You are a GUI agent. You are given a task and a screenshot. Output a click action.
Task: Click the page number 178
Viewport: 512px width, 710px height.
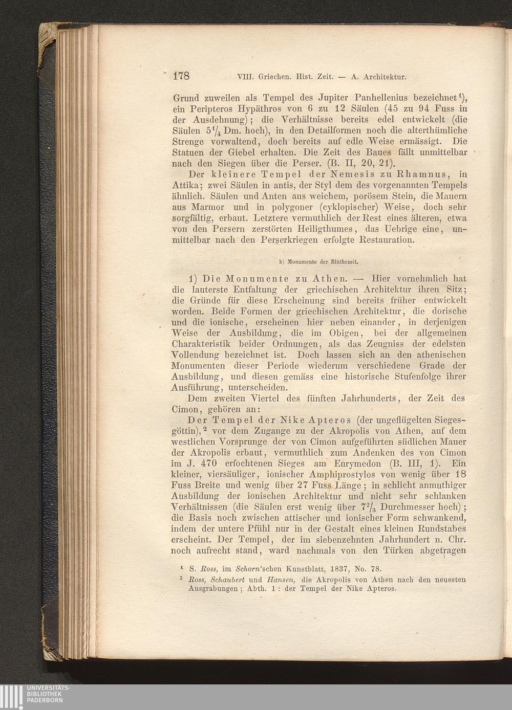(181, 77)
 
